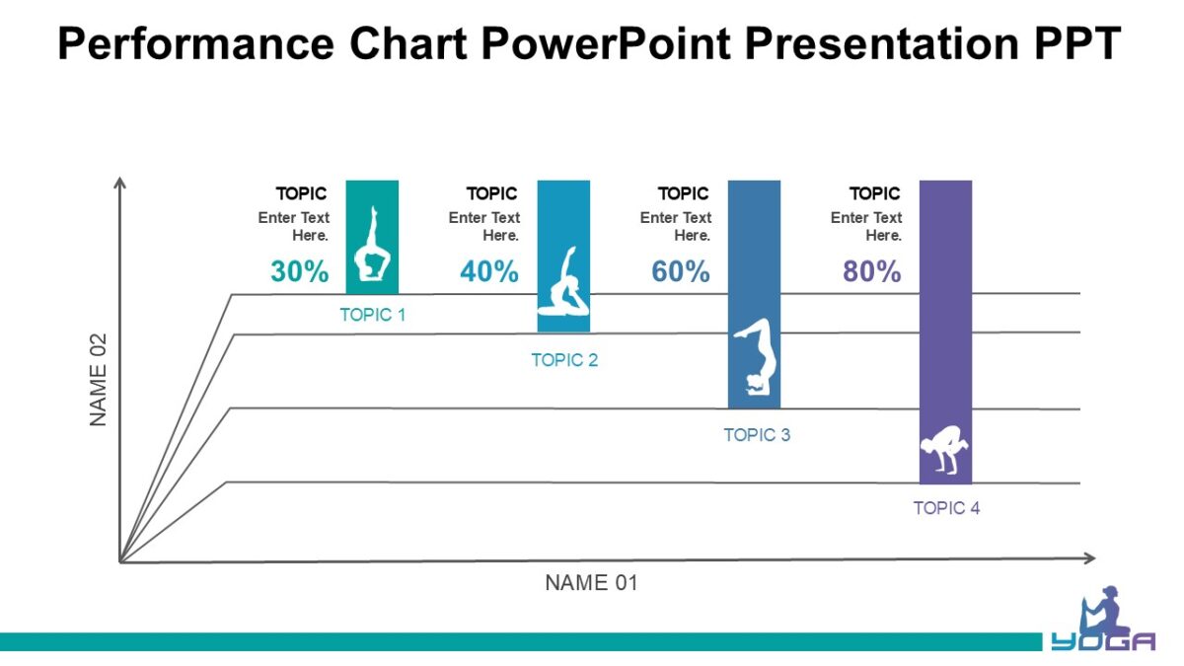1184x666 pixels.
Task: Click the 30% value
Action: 299,271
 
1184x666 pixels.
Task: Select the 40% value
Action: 489,271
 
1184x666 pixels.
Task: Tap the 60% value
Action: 681,271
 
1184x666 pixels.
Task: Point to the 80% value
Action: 871,271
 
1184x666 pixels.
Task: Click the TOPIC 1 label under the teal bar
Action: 372,316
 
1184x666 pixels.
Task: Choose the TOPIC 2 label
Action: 564,360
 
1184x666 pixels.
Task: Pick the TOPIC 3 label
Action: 757,435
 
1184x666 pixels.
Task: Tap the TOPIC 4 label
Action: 946,508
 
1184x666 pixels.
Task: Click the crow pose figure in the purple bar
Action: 944,453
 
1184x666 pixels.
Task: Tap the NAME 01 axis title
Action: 591,583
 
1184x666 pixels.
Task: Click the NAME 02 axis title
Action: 99,379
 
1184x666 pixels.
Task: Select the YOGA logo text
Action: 1102,642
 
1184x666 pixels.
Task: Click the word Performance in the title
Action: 193,44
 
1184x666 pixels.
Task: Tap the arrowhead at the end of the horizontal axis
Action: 1090,558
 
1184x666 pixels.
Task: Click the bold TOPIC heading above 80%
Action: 874,193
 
